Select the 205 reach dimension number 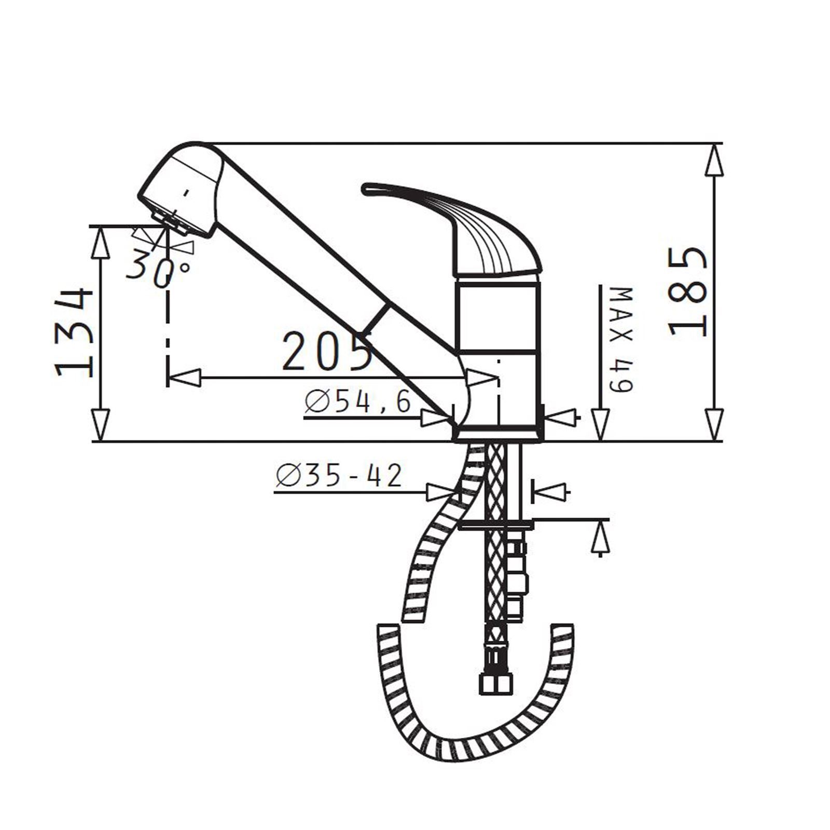tap(328, 351)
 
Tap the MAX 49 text tap(621, 340)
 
